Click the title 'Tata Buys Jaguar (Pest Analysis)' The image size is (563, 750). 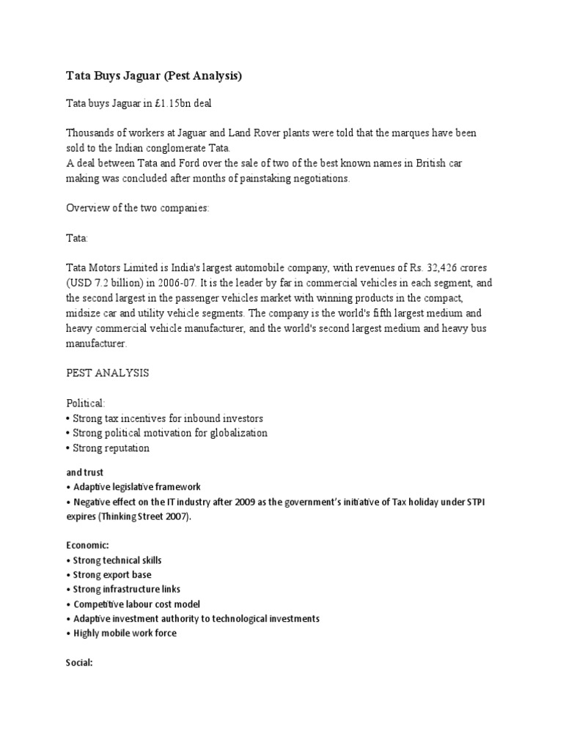point(154,75)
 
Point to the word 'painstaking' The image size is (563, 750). point(253,178)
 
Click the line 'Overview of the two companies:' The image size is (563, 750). point(138,208)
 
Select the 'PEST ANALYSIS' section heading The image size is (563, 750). point(108,373)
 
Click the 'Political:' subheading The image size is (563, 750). point(86,403)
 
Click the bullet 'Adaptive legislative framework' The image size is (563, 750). point(136,486)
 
